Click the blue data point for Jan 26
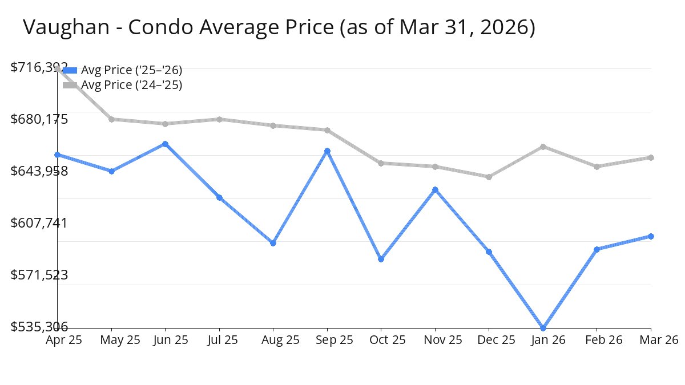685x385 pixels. [543, 328]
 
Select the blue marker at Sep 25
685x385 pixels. [327, 151]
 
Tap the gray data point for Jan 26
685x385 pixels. [543, 147]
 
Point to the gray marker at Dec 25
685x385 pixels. [489, 177]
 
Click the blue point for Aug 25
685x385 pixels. [273, 243]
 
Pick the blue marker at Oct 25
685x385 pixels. [381, 259]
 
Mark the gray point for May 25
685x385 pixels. [111, 119]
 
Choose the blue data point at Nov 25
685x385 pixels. [435, 189]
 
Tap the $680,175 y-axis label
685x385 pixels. [39, 119]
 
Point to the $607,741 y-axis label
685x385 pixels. [39, 222]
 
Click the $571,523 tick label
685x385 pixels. [39, 275]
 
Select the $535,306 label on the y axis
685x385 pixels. [39, 327]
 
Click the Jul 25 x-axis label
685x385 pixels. [219, 340]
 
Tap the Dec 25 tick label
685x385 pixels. [489, 340]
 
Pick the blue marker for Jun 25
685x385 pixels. [166, 144]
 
